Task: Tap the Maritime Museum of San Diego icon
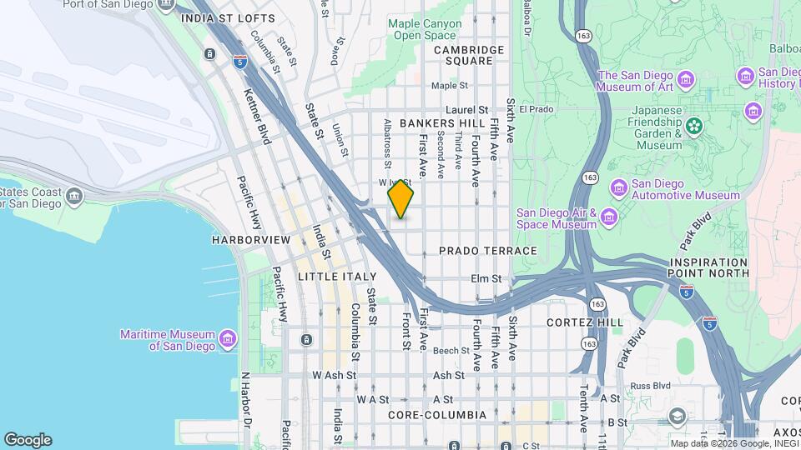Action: (x=228, y=340)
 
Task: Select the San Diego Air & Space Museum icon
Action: (x=609, y=218)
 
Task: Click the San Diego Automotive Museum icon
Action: (x=618, y=185)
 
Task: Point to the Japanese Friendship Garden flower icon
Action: (x=694, y=126)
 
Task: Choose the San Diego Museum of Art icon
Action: (x=686, y=81)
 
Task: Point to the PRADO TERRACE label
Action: (x=487, y=251)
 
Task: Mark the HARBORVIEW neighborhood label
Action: (x=250, y=240)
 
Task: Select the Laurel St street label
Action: (x=466, y=110)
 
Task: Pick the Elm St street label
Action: (x=485, y=279)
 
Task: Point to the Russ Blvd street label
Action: (x=651, y=386)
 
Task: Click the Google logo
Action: (x=28, y=440)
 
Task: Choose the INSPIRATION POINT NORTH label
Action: (x=708, y=267)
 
